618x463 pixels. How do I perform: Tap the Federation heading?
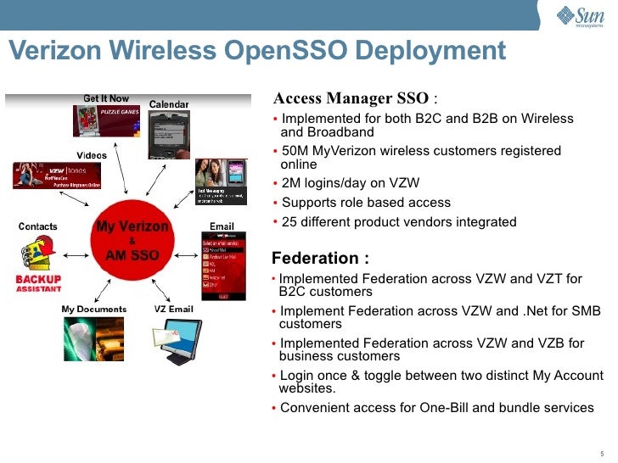coord(320,258)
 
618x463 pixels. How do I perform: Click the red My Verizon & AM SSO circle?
coord(132,241)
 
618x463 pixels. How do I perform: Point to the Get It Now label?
coord(106,98)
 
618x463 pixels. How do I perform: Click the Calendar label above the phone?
coord(169,104)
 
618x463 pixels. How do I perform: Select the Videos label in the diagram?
coord(92,156)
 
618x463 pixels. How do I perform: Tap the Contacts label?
coord(38,226)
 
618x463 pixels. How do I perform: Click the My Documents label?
coord(93,309)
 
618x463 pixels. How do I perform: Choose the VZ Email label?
coord(173,309)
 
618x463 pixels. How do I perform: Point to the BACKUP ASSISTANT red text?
coord(38,283)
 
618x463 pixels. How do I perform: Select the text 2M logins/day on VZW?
coord(351,183)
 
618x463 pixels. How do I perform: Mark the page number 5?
coord(602,452)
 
